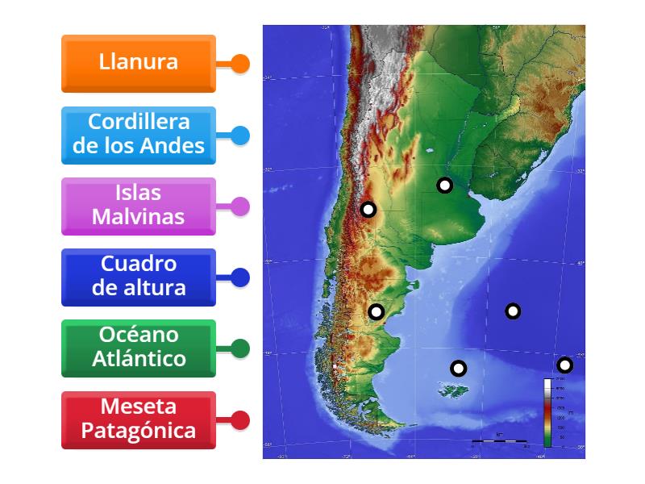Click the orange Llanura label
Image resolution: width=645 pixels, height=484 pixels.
[139, 63]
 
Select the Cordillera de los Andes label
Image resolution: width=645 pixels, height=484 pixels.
[139, 135]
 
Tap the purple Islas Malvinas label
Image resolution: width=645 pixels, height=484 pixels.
[139, 206]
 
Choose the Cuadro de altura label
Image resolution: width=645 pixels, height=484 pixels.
[139, 277]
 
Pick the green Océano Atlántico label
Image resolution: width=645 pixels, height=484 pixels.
[139, 348]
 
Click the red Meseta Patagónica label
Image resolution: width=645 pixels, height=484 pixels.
[139, 419]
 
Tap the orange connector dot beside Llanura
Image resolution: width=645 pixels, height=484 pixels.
[240, 65]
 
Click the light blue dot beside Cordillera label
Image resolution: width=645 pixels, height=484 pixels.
[240, 136]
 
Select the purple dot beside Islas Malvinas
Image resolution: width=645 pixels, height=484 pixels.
[240, 207]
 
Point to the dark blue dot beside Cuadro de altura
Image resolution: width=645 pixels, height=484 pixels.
[240, 277]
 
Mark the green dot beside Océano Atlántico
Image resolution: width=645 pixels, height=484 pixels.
[240, 348]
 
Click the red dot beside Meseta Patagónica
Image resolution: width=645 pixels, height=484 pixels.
[240, 420]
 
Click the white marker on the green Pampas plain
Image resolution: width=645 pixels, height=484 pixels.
[444, 186]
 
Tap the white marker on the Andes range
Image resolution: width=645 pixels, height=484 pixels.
[368, 210]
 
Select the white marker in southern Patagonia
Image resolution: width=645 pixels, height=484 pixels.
[376, 311]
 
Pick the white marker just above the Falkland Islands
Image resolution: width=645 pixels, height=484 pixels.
[458, 369]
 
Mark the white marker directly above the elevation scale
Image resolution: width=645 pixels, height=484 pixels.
[565, 365]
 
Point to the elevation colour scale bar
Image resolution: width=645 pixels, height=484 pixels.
[547, 412]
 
